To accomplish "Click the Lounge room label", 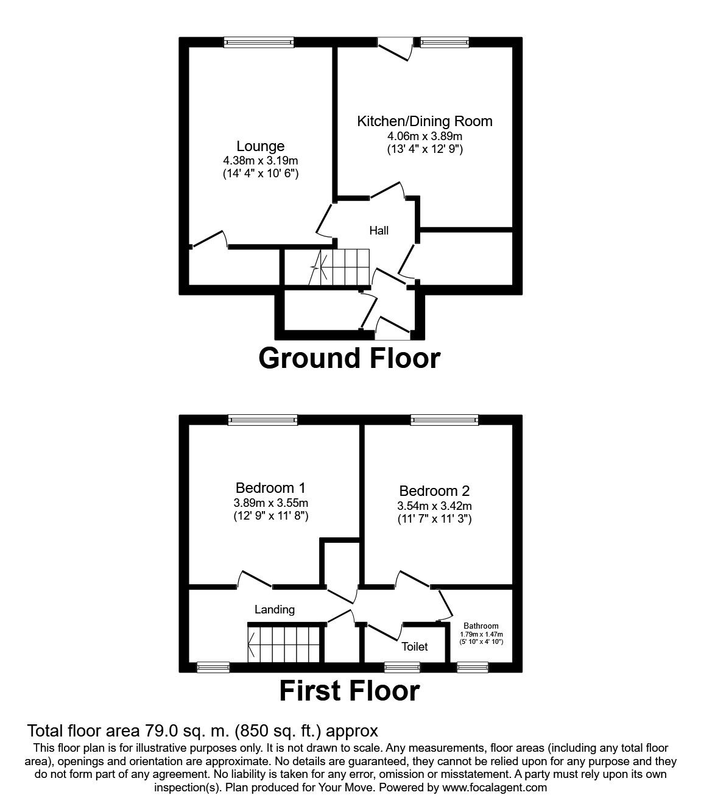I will click(x=260, y=146).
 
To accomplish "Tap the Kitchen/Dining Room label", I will click(x=424, y=121).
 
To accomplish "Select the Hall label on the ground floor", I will click(x=379, y=230).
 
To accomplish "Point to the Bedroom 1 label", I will click(x=270, y=488).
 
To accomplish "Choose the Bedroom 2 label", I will click(x=434, y=491).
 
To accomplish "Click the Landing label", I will click(x=275, y=609).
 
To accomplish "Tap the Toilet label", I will click(x=414, y=646).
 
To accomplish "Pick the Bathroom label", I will click(x=481, y=626).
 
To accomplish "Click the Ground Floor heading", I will click(x=349, y=358).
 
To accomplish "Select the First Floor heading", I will click(x=350, y=691).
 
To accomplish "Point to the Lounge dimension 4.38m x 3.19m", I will click(x=260, y=161).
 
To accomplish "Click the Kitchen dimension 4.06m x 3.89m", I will click(x=424, y=136).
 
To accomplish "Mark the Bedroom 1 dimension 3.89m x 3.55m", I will click(x=271, y=503).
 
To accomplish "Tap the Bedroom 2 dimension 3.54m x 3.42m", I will click(x=434, y=506).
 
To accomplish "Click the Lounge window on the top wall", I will click(x=258, y=41).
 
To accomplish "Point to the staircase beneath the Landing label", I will click(x=284, y=643).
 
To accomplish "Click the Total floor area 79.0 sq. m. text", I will click(x=203, y=730).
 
